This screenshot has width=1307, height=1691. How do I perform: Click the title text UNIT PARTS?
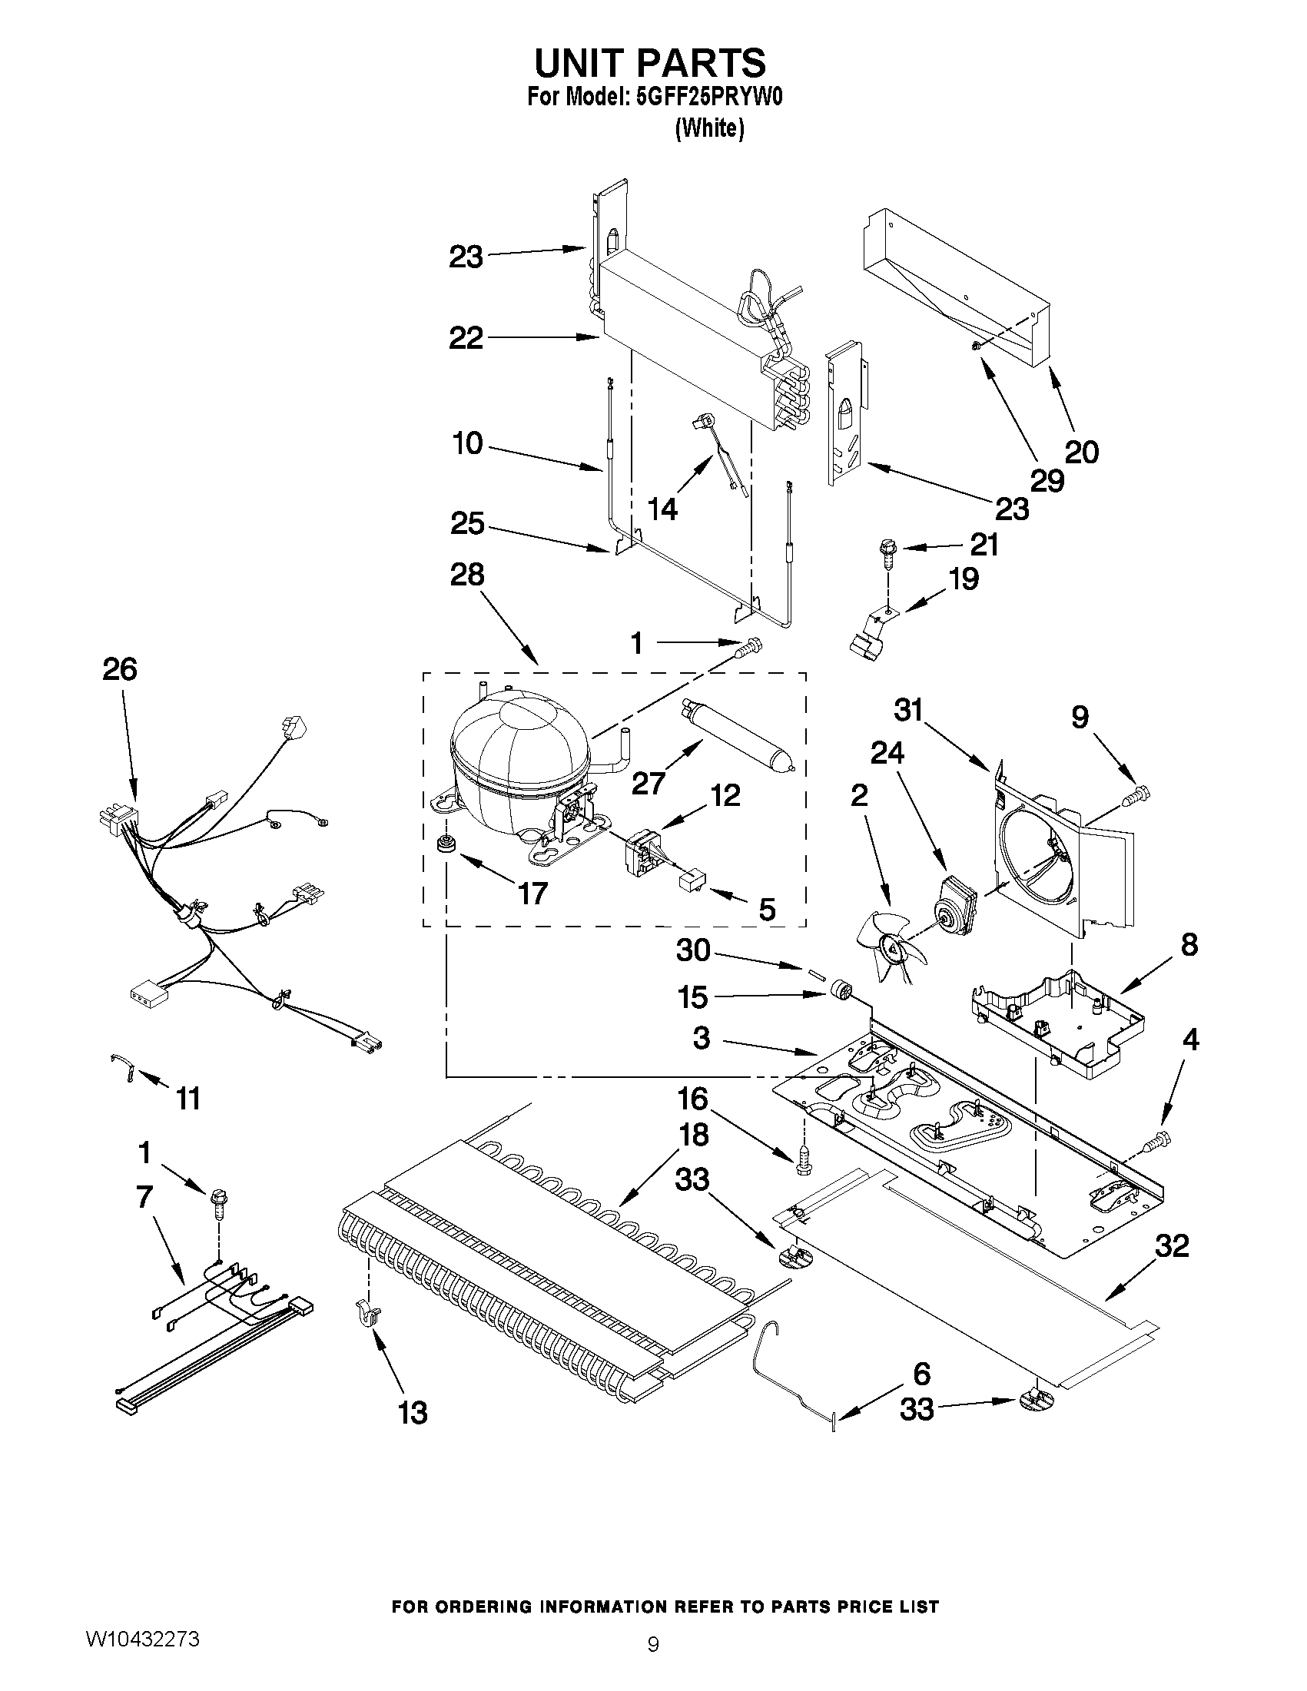[x=650, y=62]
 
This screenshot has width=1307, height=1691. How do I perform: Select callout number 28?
[x=468, y=575]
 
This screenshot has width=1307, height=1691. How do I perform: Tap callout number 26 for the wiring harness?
[x=120, y=668]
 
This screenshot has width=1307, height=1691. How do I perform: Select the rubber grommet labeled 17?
[x=445, y=843]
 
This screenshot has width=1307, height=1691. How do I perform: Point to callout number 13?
[x=413, y=1413]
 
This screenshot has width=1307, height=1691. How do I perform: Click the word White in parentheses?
[x=709, y=128]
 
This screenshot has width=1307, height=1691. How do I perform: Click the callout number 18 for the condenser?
[x=693, y=1134]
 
